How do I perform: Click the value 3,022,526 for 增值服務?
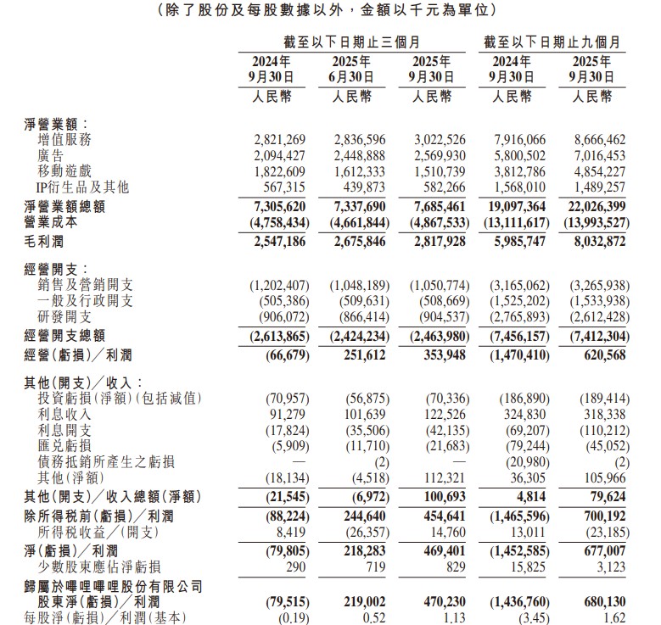pos(434,140)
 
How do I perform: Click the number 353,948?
pos(440,353)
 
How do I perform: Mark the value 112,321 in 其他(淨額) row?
pos(440,477)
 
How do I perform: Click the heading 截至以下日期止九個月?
pos(552,41)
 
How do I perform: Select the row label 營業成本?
pos(51,222)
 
